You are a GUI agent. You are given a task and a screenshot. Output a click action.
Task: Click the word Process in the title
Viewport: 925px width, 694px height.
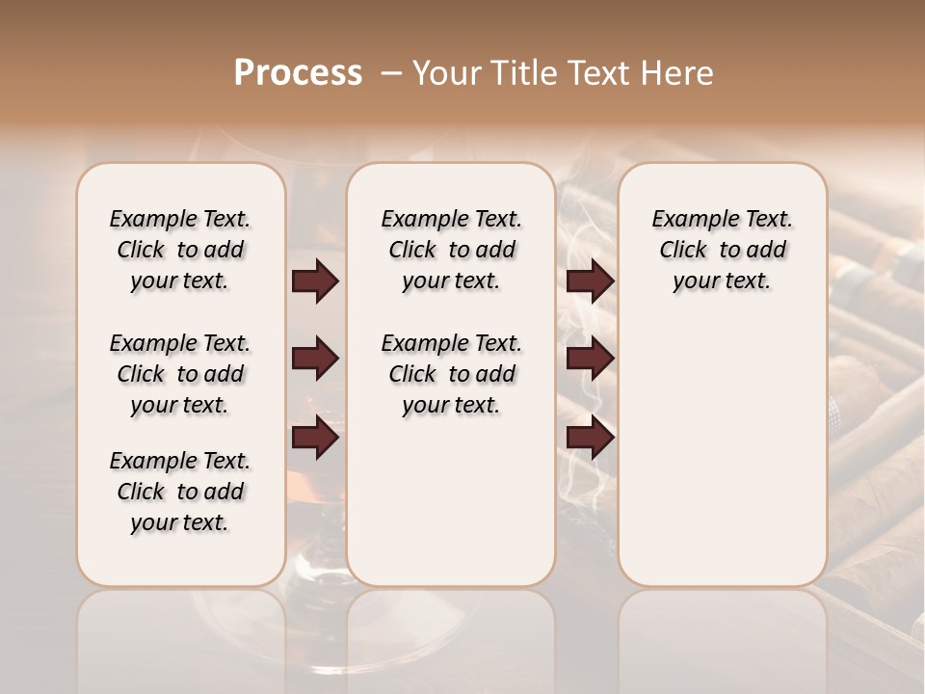point(298,73)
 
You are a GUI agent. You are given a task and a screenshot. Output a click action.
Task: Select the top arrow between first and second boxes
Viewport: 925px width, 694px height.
point(315,280)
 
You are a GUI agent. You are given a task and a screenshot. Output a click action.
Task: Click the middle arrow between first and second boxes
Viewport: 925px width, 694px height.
point(315,360)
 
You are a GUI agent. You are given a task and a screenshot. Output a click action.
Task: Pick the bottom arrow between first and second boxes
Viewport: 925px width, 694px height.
point(315,439)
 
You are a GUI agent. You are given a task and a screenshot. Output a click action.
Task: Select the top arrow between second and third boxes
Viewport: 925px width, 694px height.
point(590,280)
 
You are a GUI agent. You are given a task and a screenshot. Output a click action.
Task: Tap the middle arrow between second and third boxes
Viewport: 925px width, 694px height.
point(590,360)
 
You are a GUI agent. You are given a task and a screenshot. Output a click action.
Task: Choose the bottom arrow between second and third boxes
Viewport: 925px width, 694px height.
point(590,439)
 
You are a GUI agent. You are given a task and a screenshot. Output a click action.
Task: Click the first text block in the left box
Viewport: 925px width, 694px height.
point(180,250)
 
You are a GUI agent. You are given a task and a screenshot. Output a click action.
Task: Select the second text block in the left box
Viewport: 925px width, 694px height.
point(180,374)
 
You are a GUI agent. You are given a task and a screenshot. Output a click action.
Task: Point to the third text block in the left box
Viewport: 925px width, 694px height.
point(180,492)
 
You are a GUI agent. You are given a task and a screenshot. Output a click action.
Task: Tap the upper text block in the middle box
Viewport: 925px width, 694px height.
point(451,250)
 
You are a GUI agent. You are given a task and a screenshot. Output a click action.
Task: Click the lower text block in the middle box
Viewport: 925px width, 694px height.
point(451,374)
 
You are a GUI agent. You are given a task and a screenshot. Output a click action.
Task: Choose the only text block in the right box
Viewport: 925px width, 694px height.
point(722,250)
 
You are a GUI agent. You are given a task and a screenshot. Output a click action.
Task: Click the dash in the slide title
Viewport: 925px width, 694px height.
point(390,73)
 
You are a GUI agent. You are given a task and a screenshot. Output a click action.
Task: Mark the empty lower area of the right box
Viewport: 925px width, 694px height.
point(722,453)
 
